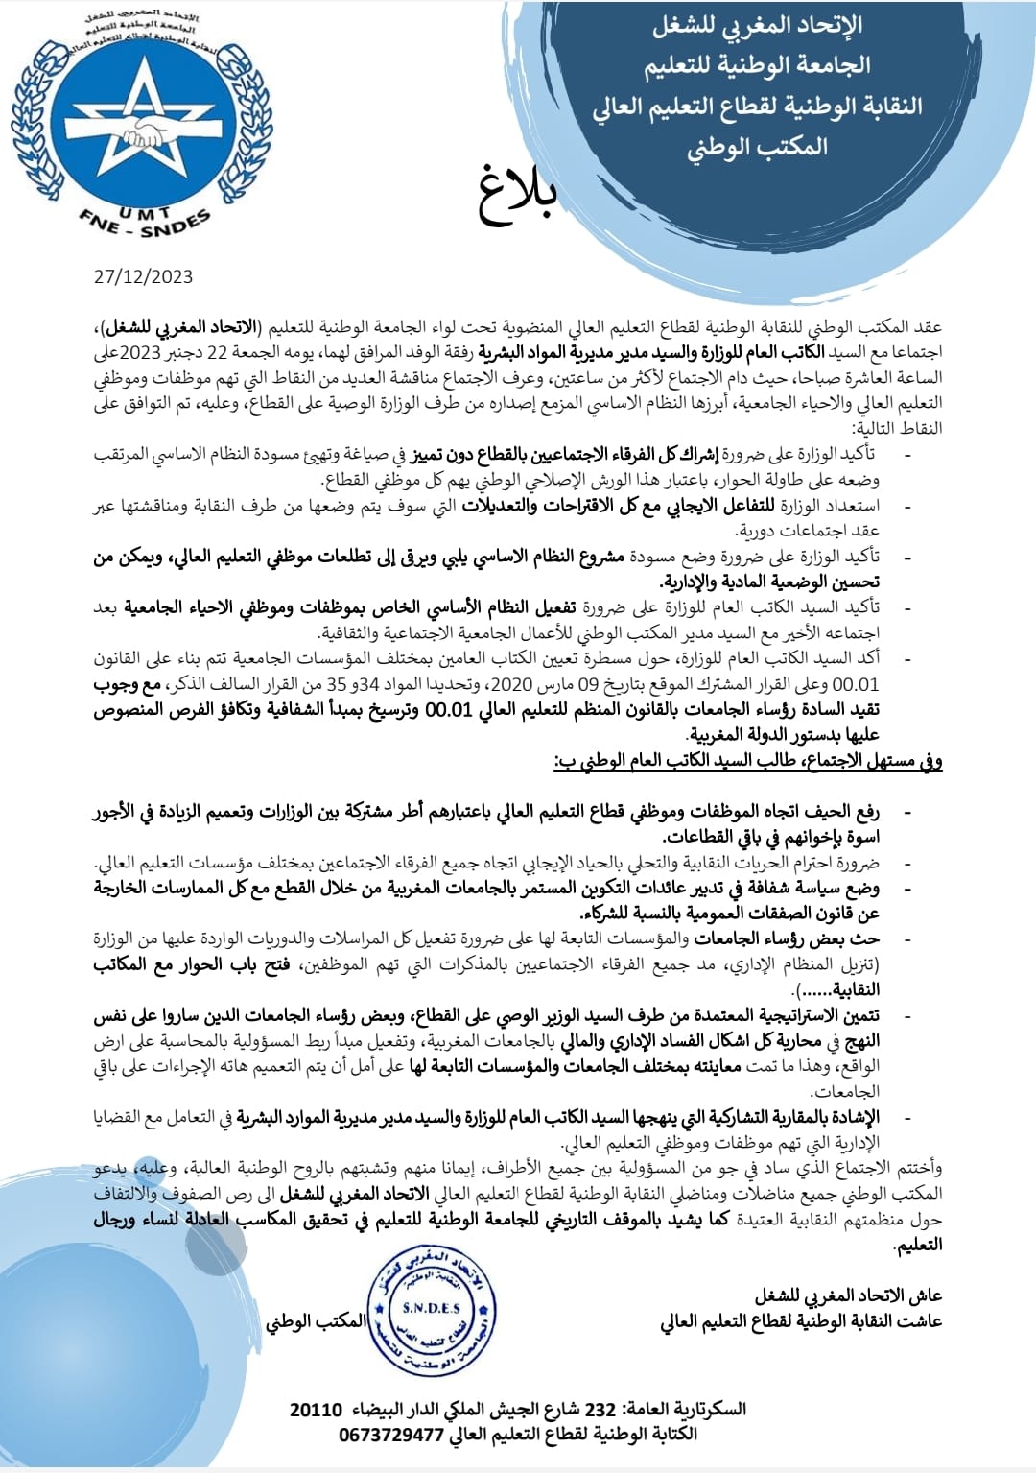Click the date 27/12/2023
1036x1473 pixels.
[143, 276]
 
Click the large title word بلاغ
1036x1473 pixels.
[518, 195]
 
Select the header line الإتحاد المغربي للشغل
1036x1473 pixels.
[757, 26]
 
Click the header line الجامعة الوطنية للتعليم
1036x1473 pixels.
[757, 65]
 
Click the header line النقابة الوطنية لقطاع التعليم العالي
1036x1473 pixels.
[757, 107]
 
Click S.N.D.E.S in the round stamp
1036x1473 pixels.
[431, 1308]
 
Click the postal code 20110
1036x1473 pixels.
[316, 1409]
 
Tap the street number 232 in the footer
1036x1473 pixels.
[600, 1409]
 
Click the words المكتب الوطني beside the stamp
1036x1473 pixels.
[316, 1320]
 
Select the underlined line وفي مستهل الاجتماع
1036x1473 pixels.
[747, 761]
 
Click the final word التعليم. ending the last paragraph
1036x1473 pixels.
[917, 1245]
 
